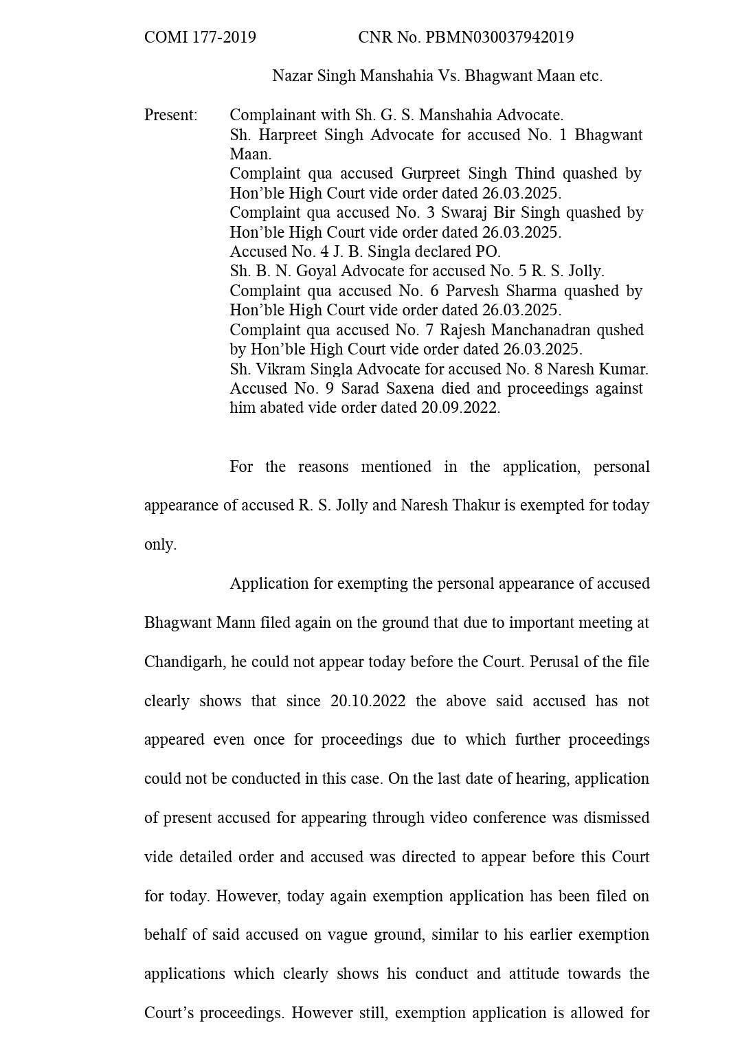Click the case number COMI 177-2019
(200, 37)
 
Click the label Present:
(170, 115)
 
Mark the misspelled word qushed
(620, 330)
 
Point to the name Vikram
(278, 369)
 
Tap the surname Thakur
(450, 506)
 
